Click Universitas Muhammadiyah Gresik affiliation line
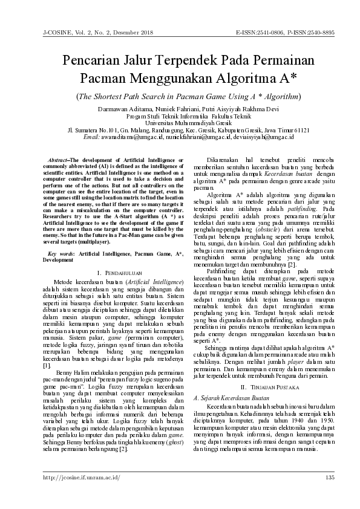[x=180, y=122]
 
